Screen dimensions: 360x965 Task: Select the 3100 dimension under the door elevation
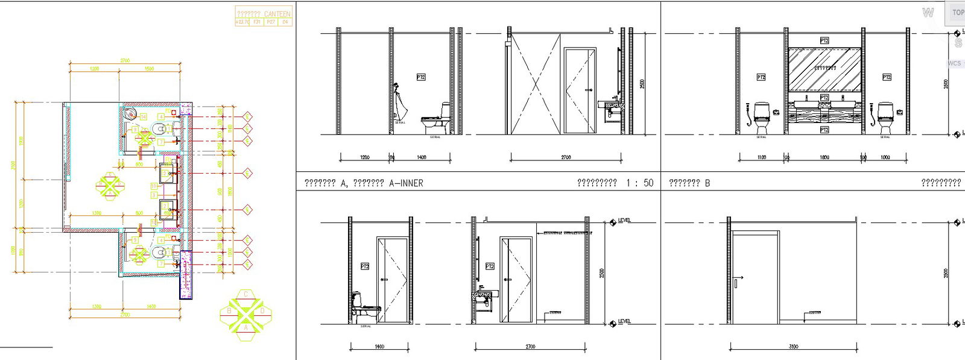pyautogui.click(x=794, y=347)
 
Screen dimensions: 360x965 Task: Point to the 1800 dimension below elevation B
pyautogui.click(x=824, y=157)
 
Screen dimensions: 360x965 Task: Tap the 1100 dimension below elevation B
pyautogui.click(x=761, y=157)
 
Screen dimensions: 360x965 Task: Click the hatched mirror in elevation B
pyautogui.click(x=824, y=68)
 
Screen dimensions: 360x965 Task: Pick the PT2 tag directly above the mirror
pyautogui.click(x=824, y=40)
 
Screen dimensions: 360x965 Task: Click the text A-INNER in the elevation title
pyautogui.click(x=406, y=183)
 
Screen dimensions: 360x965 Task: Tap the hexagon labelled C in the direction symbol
pyautogui.click(x=246, y=294)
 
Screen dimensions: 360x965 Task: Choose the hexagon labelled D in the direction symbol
pyautogui.click(x=262, y=311)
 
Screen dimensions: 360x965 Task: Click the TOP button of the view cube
pyautogui.click(x=958, y=12)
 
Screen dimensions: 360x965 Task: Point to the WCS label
pyautogui.click(x=954, y=63)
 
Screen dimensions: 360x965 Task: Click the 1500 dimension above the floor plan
pyautogui.click(x=149, y=69)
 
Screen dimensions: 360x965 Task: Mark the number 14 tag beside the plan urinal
pyautogui.click(x=144, y=116)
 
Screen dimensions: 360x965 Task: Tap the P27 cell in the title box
pyautogui.click(x=271, y=22)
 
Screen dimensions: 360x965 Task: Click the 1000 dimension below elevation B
pyautogui.click(x=885, y=157)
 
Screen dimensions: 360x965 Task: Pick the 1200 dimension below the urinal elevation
pyautogui.click(x=365, y=157)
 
